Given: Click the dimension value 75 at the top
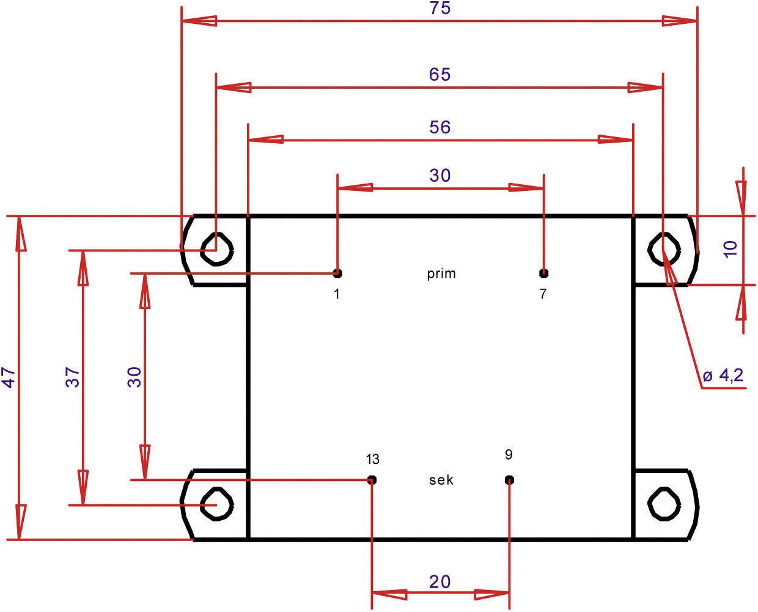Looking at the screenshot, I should [x=440, y=9].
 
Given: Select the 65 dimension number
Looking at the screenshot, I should [x=440, y=75].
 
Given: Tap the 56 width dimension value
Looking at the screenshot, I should [x=440, y=127].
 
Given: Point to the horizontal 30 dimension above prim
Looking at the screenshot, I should [x=440, y=176].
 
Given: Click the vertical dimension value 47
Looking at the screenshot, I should [x=9, y=378].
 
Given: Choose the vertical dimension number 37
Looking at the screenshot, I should [x=73, y=378].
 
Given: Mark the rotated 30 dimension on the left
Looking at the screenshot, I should [x=134, y=377].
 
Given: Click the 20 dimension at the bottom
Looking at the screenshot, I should [x=440, y=581].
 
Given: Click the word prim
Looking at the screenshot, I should [x=441, y=274].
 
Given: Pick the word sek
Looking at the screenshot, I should [x=441, y=480].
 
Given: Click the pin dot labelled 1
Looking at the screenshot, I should [x=337, y=273].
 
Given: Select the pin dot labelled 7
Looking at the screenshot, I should [x=544, y=273].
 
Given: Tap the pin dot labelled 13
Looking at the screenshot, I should [x=372, y=479].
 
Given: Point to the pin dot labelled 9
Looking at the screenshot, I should [x=509, y=479].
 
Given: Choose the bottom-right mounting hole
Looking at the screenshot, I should [x=663, y=505].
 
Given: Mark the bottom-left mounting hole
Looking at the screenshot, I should [x=218, y=505].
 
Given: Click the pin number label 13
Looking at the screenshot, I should [x=372, y=459].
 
